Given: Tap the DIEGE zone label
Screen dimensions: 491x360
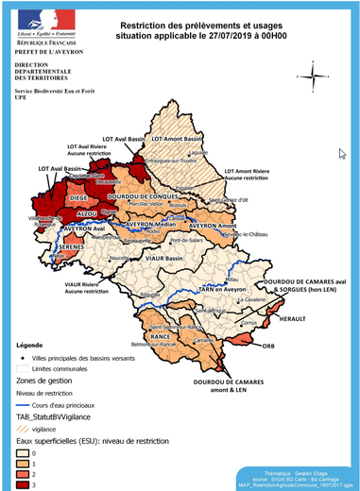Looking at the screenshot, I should tap(79, 198).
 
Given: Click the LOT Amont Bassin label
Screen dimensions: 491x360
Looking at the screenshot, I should tap(184, 139).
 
